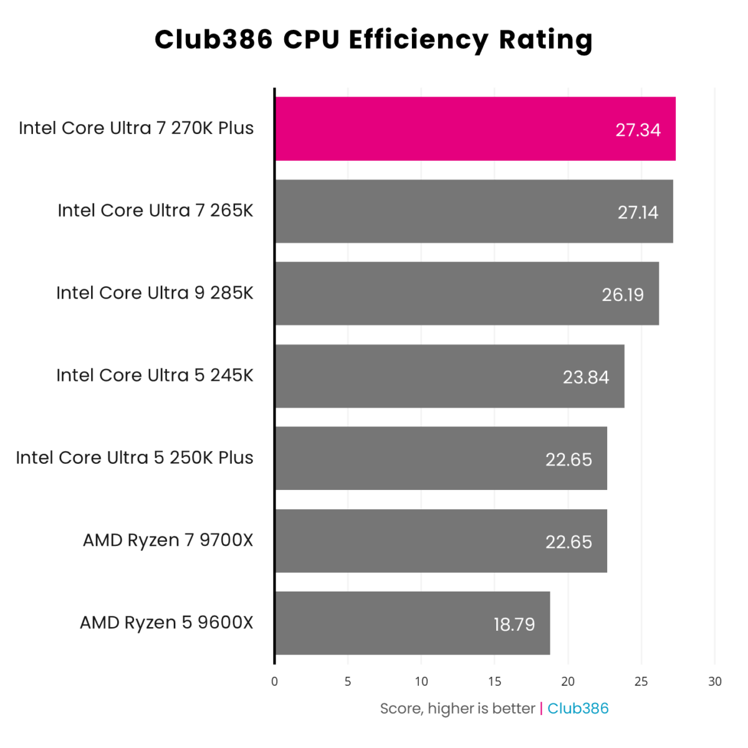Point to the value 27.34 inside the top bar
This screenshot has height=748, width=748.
pyautogui.click(x=638, y=130)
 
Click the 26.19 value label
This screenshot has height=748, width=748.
pyautogui.click(x=623, y=294)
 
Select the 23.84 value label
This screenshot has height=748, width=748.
pyautogui.click(x=586, y=377)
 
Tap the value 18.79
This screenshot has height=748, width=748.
pyautogui.click(x=514, y=624)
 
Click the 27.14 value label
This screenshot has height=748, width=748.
pyautogui.click(x=638, y=213)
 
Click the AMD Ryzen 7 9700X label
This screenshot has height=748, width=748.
pyautogui.click(x=168, y=540)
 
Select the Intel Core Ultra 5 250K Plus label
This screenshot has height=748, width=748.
pyautogui.click(x=135, y=458)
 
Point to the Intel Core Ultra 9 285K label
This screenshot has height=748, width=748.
pyautogui.click(x=155, y=293)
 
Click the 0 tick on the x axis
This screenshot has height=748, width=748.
pyautogui.click(x=274, y=681)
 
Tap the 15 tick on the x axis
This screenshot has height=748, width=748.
pyautogui.click(x=494, y=681)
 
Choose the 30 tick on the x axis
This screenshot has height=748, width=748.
pyautogui.click(x=715, y=681)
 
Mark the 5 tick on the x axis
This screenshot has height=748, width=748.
pyautogui.click(x=348, y=681)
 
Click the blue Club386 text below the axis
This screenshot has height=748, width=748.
pyautogui.click(x=578, y=708)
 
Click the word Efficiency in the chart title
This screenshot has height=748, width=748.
pyautogui.click(x=418, y=40)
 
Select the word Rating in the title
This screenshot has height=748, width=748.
pyautogui.click(x=545, y=40)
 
